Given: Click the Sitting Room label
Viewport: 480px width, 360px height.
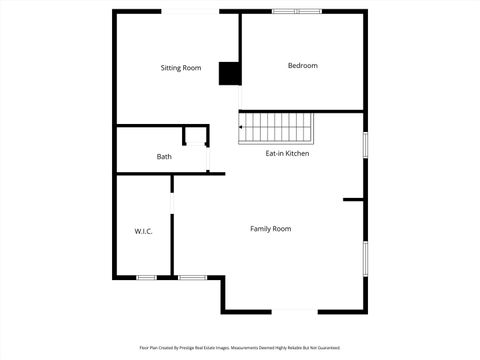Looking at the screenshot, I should tap(181, 68).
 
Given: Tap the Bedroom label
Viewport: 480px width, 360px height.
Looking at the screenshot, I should tap(302, 66).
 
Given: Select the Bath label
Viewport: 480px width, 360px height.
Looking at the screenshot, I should tap(164, 157).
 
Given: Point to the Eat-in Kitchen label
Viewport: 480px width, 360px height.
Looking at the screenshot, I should tap(287, 154).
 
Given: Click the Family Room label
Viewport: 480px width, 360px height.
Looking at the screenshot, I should tap(270, 229).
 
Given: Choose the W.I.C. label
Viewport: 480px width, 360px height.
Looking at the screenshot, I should tap(142, 232).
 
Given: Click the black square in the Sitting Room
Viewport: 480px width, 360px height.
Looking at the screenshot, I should tap(229, 74).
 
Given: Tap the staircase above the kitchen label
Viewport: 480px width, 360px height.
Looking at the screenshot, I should tap(277, 127).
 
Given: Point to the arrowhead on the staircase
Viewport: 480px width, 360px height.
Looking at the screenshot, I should tap(241, 127).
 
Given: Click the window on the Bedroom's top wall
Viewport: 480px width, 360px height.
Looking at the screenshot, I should tap(297, 11).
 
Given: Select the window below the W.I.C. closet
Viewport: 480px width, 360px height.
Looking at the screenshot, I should tap(146, 277).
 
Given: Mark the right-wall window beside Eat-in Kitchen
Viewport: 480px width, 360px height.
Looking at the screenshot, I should tap(365, 143).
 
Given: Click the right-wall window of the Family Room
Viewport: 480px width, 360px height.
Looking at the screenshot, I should tap(365, 258).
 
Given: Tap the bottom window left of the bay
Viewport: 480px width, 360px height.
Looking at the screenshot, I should tap(191, 277).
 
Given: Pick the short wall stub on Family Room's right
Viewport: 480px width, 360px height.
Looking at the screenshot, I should tap(353, 200).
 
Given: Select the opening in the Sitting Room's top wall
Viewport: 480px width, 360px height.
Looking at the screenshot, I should tap(188, 11).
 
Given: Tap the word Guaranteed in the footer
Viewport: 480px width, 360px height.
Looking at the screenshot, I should tap(328, 347).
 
